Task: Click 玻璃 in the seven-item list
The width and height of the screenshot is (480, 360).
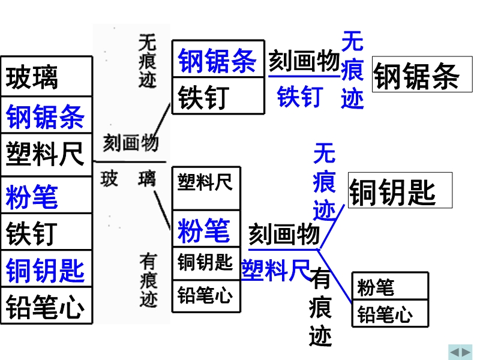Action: pos(32,78)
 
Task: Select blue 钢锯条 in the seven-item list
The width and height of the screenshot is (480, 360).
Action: pos(45,116)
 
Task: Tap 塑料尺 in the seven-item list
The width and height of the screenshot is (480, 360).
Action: pos(44,154)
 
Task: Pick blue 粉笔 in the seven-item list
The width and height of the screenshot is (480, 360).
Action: pos(32,197)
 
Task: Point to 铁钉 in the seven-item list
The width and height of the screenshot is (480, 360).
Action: pos(32,233)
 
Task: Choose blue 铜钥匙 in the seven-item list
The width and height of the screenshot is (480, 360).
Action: pos(45,270)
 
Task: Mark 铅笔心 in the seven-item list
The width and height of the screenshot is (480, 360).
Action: pos(45,307)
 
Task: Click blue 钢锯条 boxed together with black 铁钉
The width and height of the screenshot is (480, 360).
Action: pos(217,61)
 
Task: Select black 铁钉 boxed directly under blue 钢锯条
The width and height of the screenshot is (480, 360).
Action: pos(203,97)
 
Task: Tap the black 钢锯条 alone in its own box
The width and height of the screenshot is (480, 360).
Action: pos(416,76)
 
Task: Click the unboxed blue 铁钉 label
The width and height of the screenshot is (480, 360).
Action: pos(300,97)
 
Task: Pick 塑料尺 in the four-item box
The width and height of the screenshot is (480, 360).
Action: pos(205,182)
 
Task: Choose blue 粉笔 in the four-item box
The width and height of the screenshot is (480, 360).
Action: pos(204,230)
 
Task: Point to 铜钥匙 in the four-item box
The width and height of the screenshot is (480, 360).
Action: pos(205,262)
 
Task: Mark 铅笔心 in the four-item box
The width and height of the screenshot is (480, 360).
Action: pos(205,295)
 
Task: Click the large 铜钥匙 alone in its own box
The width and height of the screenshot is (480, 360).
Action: pos(392,192)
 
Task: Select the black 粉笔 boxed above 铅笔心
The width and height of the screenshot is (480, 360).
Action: pos(376,287)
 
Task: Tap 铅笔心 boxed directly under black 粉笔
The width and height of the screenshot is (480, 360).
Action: pos(385,314)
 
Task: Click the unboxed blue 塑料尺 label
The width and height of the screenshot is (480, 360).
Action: pos(276,270)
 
